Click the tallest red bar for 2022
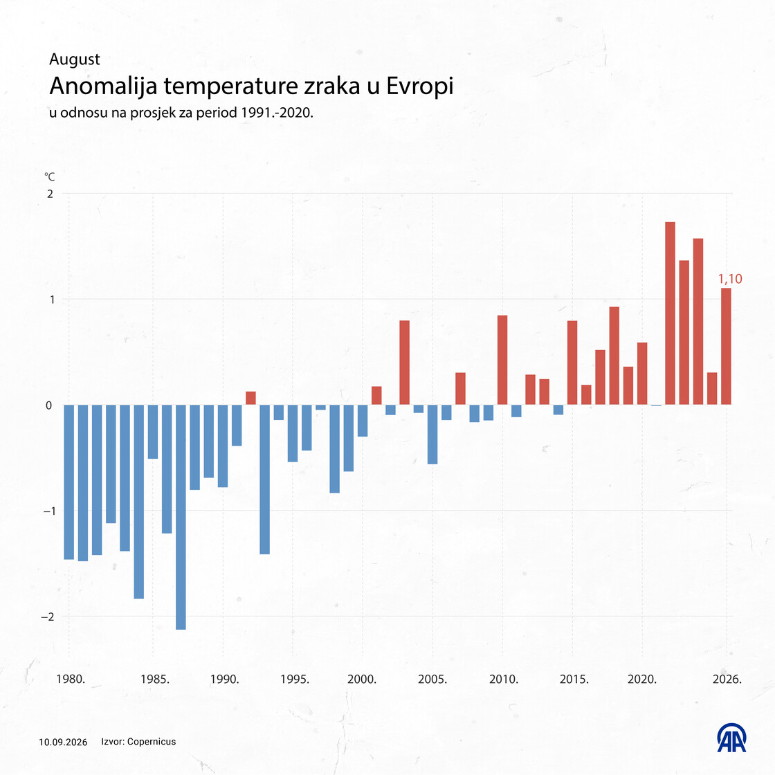click(670, 313)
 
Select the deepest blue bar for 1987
click(181, 517)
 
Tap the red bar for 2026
click(726, 346)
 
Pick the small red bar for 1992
click(250, 398)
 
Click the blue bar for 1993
click(264, 480)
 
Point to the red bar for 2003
click(404, 363)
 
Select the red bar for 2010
click(502, 360)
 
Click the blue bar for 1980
click(69, 482)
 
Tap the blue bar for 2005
click(432, 435)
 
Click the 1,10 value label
click(730, 279)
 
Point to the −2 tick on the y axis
click(48, 617)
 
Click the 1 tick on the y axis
click(51, 299)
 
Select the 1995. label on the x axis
click(295, 679)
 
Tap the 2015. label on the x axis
click(574, 679)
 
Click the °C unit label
click(49, 176)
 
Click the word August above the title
click(75, 60)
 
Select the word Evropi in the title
click(419, 86)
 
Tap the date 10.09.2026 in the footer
click(63, 742)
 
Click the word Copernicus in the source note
click(152, 741)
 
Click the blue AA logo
click(731, 738)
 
